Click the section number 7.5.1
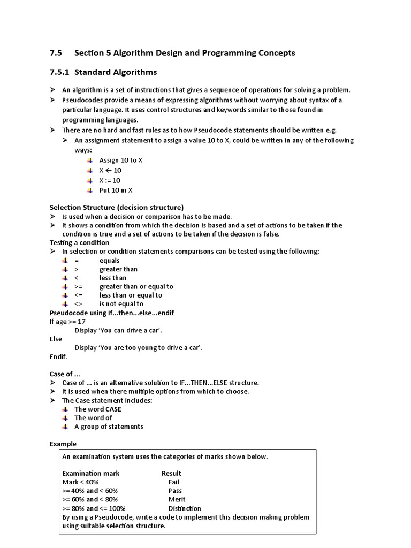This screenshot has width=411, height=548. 60,72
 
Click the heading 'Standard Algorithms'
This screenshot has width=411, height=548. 116,72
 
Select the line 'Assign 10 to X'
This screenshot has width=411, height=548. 121,160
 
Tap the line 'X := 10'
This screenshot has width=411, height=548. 110,180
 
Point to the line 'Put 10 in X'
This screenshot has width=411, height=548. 116,191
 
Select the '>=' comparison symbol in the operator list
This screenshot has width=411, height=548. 79,286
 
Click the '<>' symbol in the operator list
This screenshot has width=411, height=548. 78,304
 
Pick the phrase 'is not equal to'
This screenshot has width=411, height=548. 121,304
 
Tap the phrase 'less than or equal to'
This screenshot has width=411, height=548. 131,295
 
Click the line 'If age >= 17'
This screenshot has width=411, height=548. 67,322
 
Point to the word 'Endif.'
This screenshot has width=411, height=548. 58,356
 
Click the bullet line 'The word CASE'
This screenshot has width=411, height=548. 98,409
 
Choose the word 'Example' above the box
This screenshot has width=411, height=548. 63,444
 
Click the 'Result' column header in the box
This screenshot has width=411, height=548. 171,473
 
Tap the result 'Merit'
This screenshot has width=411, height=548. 177,499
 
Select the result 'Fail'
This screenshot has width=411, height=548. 173,482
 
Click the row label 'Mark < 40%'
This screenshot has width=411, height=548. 80,482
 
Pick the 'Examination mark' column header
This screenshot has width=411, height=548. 91,473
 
